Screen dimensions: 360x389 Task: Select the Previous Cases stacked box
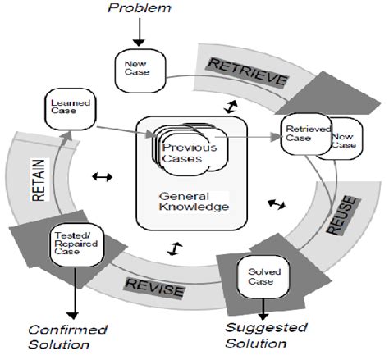[183, 153]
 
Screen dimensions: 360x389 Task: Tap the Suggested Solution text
[268, 337]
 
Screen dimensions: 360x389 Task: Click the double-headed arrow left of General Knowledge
[103, 176]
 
